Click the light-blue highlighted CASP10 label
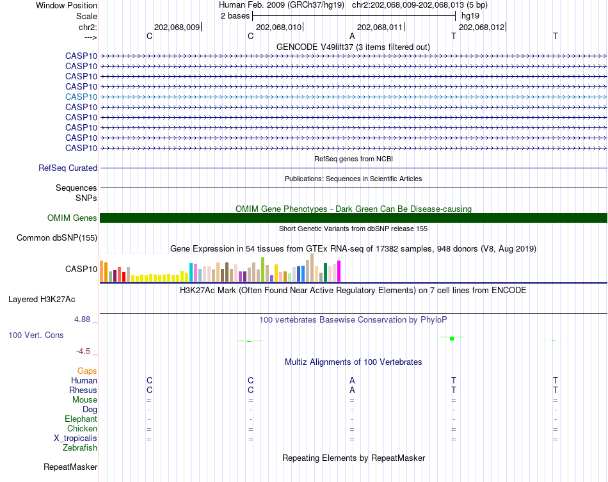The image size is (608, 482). [81, 97]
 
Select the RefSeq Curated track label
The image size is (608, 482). [68, 168]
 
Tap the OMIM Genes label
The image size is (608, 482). [72, 218]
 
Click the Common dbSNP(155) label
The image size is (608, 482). [56, 238]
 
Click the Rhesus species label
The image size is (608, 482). [83, 390]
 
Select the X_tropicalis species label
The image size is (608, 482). [76, 438]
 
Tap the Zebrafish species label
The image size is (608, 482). [80, 448]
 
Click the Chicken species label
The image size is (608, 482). [83, 429]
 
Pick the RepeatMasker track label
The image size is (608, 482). [70, 467]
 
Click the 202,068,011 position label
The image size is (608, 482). [380, 28]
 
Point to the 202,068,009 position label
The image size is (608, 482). [177, 28]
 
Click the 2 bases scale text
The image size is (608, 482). [235, 15]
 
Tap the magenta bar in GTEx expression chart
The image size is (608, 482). [339, 272]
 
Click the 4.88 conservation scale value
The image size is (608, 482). [85, 319]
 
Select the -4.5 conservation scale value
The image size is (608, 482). [85, 351]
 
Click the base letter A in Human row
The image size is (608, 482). [352, 381]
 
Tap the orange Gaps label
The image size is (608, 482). [87, 371]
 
